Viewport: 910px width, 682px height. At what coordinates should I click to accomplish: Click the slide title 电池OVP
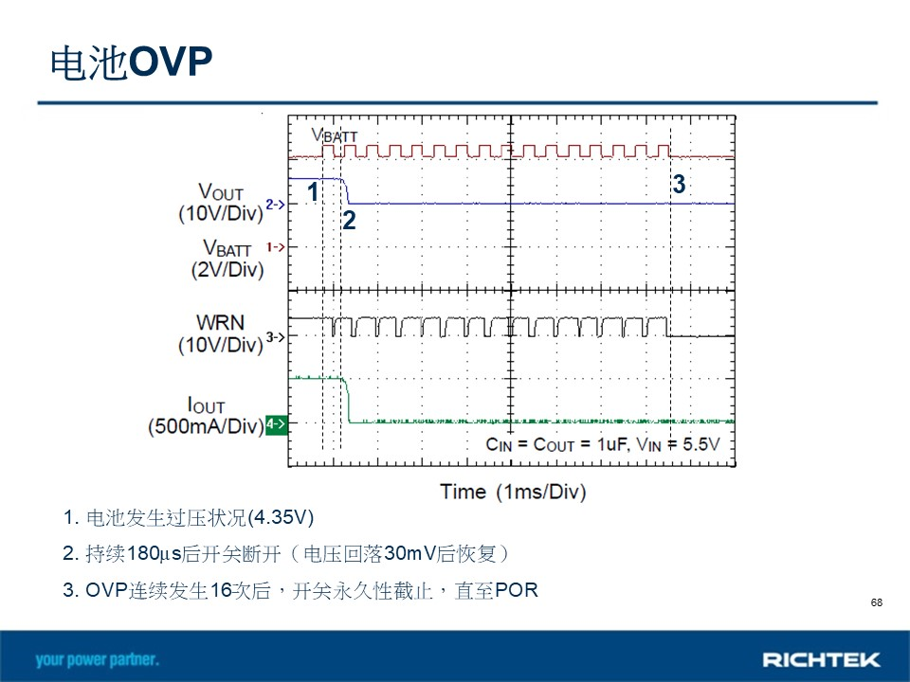click(131, 63)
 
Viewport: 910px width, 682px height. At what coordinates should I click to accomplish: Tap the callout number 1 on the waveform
click(313, 192)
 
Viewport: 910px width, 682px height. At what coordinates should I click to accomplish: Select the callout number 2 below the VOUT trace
click(349, 221)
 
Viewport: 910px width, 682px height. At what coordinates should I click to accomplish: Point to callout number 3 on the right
click(679, 184)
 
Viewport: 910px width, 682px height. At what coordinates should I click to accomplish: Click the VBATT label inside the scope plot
click(335, 135)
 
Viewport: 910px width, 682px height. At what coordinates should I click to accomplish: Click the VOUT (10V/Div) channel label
click(221, 203)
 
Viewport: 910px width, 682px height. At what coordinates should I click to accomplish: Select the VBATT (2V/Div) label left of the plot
click(227, 259)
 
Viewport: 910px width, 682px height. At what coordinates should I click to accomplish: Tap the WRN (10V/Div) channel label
click(221, 333)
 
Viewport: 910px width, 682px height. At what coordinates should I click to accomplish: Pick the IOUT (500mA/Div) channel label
click(206, 415)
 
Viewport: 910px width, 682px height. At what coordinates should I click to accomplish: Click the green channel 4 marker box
click(276, 424)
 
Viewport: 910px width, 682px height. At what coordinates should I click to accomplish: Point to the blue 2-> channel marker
click(276, 205)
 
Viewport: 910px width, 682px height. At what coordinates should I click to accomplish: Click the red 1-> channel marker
click(276, 247)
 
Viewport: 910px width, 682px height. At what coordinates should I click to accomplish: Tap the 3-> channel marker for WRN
click(276, 336)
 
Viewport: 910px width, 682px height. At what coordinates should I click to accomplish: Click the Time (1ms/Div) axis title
click(513, 492)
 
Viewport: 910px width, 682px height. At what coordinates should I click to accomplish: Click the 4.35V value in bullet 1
click(281, 517)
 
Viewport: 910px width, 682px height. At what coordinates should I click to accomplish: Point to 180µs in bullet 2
click(154, 553)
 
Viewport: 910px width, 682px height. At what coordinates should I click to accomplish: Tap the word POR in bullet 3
click(517, 590)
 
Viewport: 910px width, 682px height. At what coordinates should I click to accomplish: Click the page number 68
click(876, 602)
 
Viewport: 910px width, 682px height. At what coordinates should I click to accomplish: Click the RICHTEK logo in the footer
click(821, 660)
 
